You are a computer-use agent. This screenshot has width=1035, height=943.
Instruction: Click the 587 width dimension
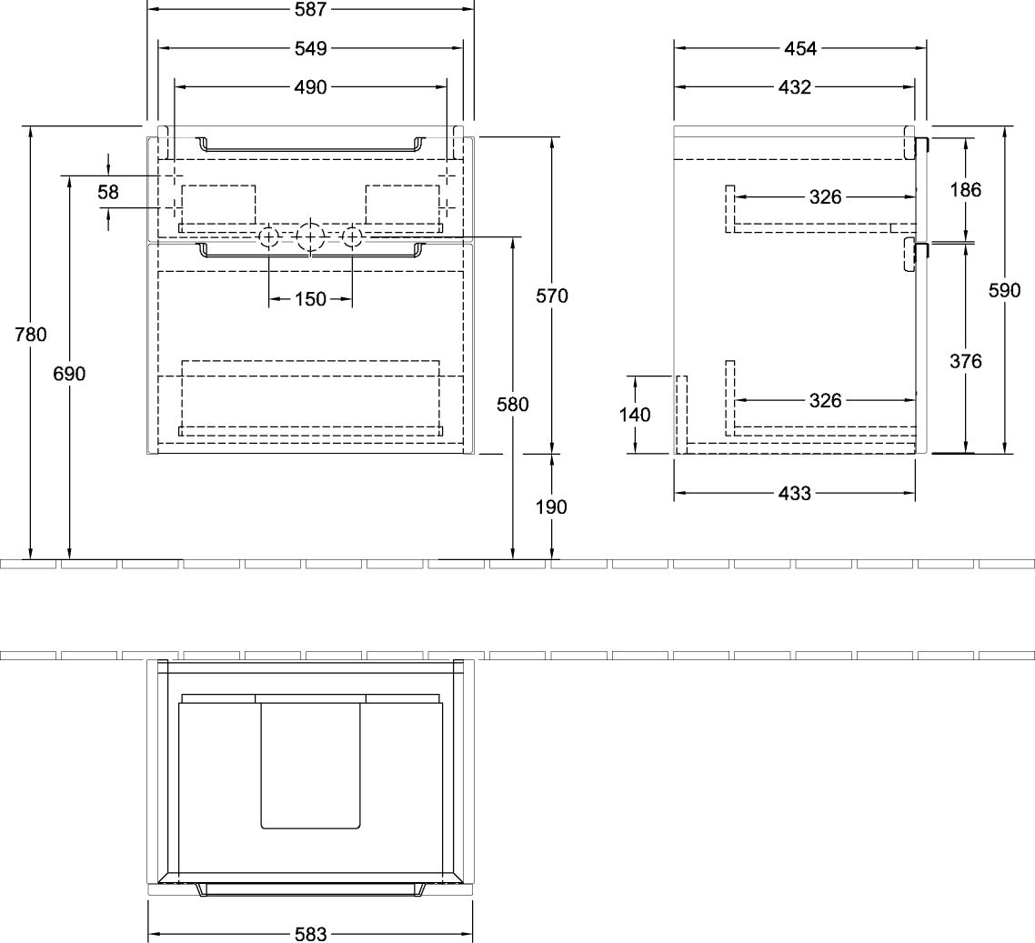pos(310,9)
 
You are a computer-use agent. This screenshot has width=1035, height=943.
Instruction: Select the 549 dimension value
pos(310,48)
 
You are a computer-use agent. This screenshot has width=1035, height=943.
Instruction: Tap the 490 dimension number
pos(310,87)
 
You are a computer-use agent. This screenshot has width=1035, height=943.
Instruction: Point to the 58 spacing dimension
pos(107,192)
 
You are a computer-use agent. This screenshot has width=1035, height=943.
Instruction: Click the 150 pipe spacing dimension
pos(310,299)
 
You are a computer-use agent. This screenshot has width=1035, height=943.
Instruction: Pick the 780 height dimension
pos(31,335)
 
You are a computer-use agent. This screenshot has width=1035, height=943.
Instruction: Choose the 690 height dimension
pos(69,374)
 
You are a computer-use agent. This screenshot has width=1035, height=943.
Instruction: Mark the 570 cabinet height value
pos(552,296)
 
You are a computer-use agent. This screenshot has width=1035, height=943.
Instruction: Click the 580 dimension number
pos(513,405)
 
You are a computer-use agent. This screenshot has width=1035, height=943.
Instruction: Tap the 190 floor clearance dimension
pos(551,507)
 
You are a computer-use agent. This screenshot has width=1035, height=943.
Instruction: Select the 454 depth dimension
pos(800,48)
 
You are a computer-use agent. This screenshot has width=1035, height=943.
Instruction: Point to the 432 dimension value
pos(795,87)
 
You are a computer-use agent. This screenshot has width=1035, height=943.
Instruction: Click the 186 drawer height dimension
pos(966,190)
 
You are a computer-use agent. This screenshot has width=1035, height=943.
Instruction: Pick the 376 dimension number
pos(966,361)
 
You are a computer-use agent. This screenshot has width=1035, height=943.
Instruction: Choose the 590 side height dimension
pos(1005,290)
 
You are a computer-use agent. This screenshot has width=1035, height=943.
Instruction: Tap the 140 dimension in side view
pos(635,415)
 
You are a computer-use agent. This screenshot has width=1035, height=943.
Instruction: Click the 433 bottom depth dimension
pos(795,494)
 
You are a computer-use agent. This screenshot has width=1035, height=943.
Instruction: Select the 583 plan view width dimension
pos(310,935)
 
